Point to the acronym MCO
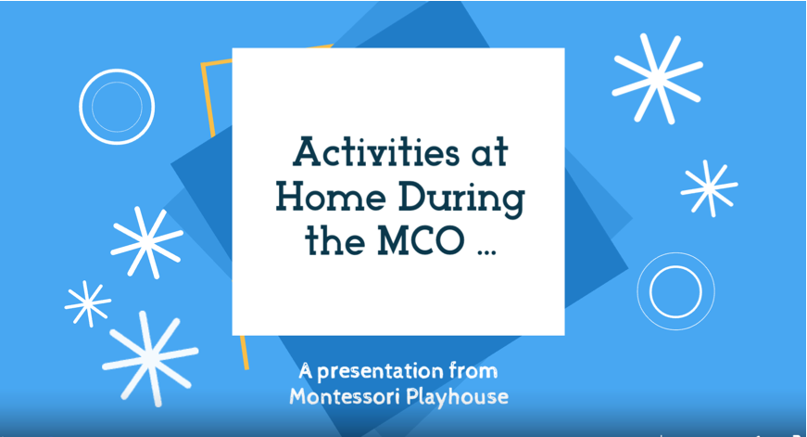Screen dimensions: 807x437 pyautogui.click(x=421, y=240)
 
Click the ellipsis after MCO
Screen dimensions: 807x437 pyautogui.click(x=486, y=252)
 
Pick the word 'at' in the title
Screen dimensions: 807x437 pyautogui.click(x=490, y=153)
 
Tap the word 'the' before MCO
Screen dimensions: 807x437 pyautogui.click(x=336, y=240)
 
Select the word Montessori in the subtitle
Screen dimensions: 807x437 pyautogui.click(x=345, y=397)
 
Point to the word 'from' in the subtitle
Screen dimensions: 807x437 pyautogui.click(x=473, y=370)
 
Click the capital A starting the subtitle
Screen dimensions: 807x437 pyautogui.click(x=305, y=371)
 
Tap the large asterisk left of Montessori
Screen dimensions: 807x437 pyautogui.click(x=150, y=358)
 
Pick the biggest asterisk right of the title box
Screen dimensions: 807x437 pyautogui.click(x=657, y=78)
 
